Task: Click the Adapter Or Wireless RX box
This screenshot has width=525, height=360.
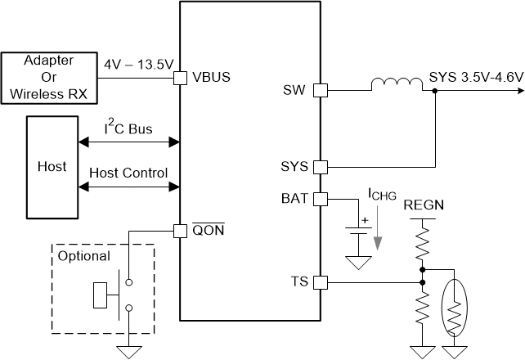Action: [48, 79]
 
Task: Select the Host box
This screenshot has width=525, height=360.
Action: [52, 166]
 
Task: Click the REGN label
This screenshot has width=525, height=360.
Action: [423, 205]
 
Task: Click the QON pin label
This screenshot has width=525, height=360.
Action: [207, 230]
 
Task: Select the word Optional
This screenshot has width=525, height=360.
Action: [83, 256]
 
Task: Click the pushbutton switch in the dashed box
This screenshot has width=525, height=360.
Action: [114, 295]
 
